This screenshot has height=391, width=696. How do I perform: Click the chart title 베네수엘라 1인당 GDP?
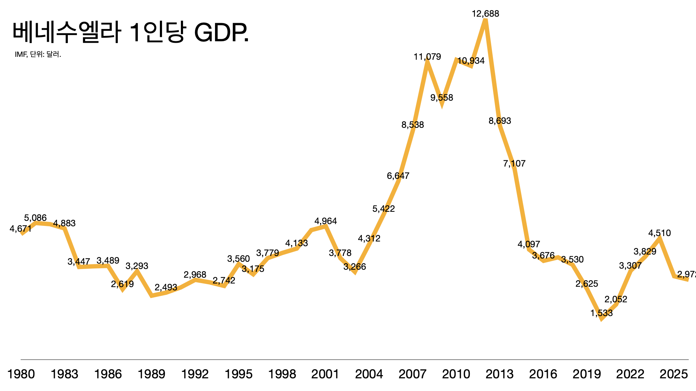tap(130, 33)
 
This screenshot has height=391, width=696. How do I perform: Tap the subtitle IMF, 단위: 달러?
tap(38, 54)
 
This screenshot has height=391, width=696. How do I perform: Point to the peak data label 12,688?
tap(485, 14)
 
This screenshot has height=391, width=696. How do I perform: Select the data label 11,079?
tap(427, 57)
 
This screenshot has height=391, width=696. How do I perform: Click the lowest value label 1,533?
tap(601, 313)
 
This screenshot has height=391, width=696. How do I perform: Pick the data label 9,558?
tap(442, 98)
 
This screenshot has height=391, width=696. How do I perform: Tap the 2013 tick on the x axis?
tap(500, 374)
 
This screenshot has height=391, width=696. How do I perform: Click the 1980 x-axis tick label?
tap(21, 374)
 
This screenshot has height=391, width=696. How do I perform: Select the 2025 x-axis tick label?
tap(674, 374)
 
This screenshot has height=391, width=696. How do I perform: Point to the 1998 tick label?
tap(282, 374)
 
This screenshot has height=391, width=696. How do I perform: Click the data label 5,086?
tap(35, 218)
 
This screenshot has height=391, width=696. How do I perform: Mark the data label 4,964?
tap(326, 221)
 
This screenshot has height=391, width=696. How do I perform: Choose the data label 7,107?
tap(514, 164)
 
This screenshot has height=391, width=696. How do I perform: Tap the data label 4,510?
tap(659, 233)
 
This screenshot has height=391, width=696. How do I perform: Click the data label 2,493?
tap(166, 287)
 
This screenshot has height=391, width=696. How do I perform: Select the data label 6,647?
tap(398, 176)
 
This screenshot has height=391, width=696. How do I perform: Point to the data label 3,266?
tap(355, 267)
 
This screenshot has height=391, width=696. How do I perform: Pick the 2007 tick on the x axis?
tap(413, 374)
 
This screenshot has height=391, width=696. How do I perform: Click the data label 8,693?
tap(500, 121)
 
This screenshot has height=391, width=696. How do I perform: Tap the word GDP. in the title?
tap(221, 33)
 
